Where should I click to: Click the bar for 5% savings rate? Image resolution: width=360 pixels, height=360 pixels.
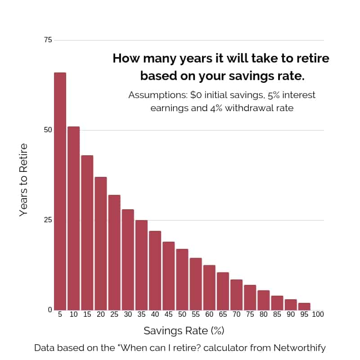[60, 191]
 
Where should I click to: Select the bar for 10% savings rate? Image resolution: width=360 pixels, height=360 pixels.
[74, 218]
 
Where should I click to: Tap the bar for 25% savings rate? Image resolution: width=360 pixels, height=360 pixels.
[114, 252]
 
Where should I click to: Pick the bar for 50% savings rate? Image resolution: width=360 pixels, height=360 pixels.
[182, 279]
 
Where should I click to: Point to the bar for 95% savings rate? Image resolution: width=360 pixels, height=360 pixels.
[304, 306]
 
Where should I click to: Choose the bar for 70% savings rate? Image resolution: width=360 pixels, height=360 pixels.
[236, 295]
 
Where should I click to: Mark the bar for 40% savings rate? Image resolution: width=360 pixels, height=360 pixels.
[155, 270]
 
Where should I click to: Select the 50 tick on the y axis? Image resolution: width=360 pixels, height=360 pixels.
[48, 130]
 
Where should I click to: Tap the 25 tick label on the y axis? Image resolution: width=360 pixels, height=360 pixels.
[48, 220]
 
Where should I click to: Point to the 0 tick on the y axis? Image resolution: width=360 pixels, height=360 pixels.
[50, 310]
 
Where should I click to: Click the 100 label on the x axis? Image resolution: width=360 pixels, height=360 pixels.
[318, 315]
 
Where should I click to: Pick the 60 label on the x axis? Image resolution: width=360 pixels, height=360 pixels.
[209, 315]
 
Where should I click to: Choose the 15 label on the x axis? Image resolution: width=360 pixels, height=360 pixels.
[87, 315]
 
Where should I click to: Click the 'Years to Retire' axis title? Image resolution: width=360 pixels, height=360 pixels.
[24, 180]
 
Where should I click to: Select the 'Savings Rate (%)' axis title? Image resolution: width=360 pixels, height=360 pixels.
[184, 331]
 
